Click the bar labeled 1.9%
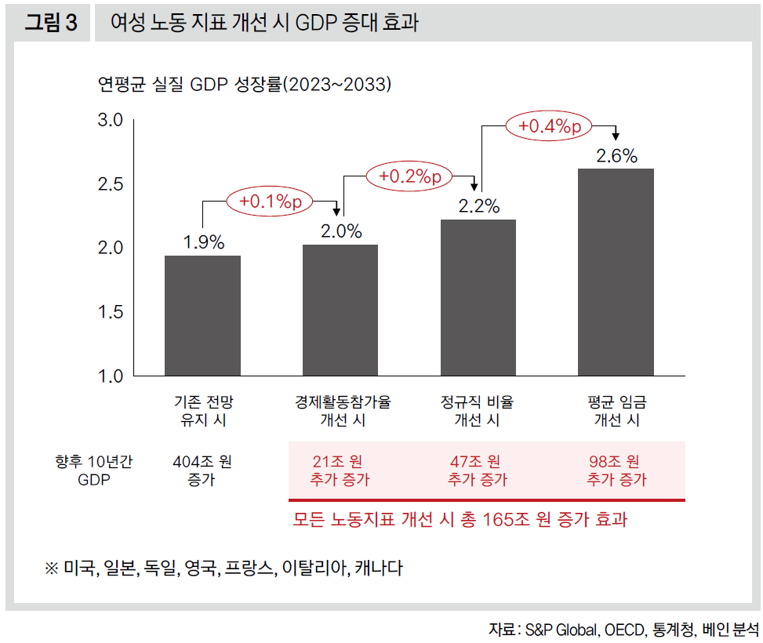tap(202, 315)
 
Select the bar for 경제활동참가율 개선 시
tap(340, 310)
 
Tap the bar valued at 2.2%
tap(478, 297)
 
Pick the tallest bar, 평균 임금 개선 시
tap(616, 271)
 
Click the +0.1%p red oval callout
tap(270, 202)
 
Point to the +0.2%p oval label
tap(409, 177)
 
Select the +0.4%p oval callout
tap(548, 126)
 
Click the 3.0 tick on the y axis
tap(111, 120)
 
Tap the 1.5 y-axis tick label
tap(111, 312)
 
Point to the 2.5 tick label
tap(111, 184)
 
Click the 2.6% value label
tap(616, 155)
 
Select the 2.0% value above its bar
tap(341, 231)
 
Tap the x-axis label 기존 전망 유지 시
tap(203, 411)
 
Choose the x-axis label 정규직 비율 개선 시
tap(478, 411)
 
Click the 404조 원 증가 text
tap(202, 470)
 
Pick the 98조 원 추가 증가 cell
tap(616, 470)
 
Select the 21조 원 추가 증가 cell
tap(340, 470)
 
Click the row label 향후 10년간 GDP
tap(93, 470)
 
